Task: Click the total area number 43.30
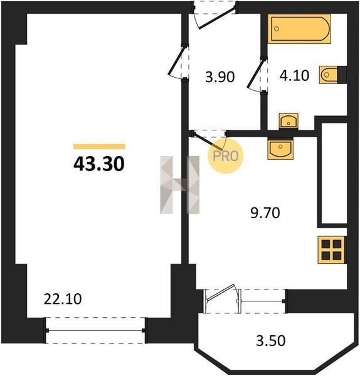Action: coord(99,164)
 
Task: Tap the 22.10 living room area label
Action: coord(63,300)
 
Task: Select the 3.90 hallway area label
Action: coord(220,77)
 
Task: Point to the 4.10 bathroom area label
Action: coord(294,76)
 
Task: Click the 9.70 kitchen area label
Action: coord(265,213)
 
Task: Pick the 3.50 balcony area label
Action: coord(271,340)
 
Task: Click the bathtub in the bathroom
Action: coord(299,29)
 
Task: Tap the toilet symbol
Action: coord(329,75)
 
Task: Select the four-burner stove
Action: coord(332,250)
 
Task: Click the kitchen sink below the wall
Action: coord(280,149)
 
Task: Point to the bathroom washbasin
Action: coord(289,122)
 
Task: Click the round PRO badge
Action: coord(225,156)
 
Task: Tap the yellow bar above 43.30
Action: coord(99,147)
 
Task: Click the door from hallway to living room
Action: coord(178,61)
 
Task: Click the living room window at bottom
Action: coord(95,330)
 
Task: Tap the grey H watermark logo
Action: coord(180,185)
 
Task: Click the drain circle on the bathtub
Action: coord(277,29)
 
